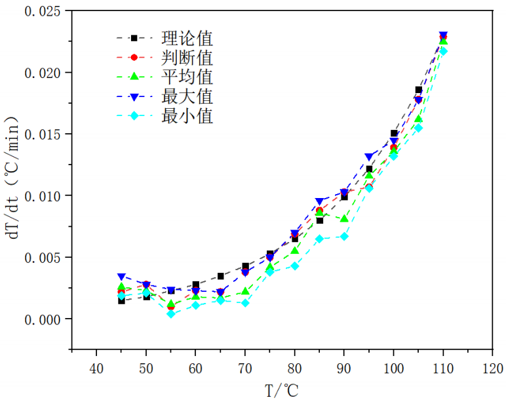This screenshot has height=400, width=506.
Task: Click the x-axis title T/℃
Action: [x=282, y=390]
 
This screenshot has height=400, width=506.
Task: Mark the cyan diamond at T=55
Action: [x=170, y=314]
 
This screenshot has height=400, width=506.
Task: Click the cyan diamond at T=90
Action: [x=344, y=236]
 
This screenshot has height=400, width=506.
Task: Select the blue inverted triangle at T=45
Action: [x=121, y=277]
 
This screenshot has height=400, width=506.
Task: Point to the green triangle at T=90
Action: [x=344, y=218]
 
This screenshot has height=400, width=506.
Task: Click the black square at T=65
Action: [x=220, y=276]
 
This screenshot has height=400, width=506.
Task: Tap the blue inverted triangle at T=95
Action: [x=369, y=157]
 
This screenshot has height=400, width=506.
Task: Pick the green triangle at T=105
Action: [x=418, y=119]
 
